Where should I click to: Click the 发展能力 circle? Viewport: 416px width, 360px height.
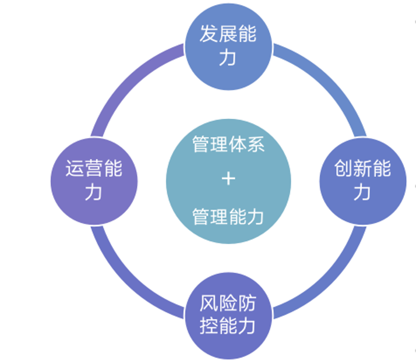pyautogui.click(x=228, y=45)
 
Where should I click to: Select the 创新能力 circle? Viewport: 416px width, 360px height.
pyautogui.click(x=362, y=181)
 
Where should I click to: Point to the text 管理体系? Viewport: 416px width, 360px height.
pyautogui.click(x=228, y=143)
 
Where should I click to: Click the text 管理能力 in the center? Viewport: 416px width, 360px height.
pyautogui.click(x=228, y=217)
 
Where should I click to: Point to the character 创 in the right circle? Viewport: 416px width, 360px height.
pyautogui.click(x=343, y=170)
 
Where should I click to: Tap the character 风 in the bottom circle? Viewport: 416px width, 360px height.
pyautogui.click(x=209, y=304)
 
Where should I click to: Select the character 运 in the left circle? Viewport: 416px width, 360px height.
pyautogui.click(x=75, y=170)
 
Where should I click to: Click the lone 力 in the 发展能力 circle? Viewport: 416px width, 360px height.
pyautogui.click(x=228, y=58)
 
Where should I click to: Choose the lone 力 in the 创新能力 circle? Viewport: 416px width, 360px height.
pyautogui.click(x=362, y=193)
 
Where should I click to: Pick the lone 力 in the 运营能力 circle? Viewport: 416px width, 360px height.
pyautogui.click(x=93, y=193)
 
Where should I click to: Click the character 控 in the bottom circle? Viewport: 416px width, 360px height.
pyautogui.click(x=209, y=326)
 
